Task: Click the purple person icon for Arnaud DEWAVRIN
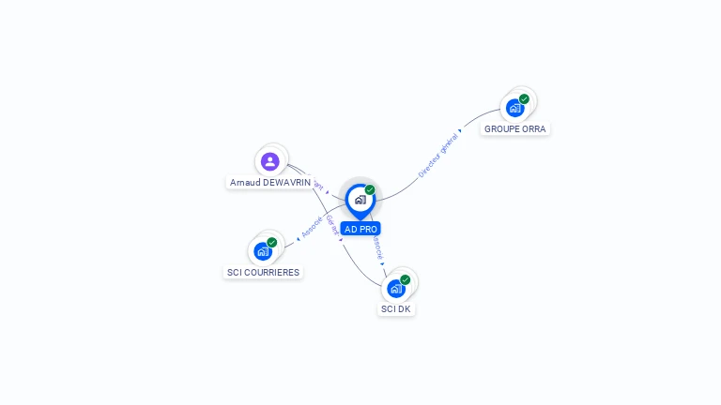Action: tap(270, 161)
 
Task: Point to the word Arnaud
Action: tap(245, 183)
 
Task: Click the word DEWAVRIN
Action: tap(286, 183)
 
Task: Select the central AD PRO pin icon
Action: tap(360, 200)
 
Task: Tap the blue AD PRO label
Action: tap(360, 229)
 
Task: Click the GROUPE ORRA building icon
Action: tap(514, 108)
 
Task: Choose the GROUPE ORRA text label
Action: tap(514, 129)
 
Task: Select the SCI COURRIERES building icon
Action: tap(263, 251)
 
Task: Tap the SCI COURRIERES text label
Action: tap(263, 273)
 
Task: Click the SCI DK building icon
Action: tap(396, 288)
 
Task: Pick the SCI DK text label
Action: tap(396, 309)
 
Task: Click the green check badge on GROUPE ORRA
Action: tap(524, 98)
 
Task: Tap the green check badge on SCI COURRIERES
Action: tap(272, 242)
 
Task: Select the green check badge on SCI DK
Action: tap(406, 278)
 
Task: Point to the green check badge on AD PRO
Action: tap(370, 189)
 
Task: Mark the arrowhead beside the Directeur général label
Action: tap(460, 130)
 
